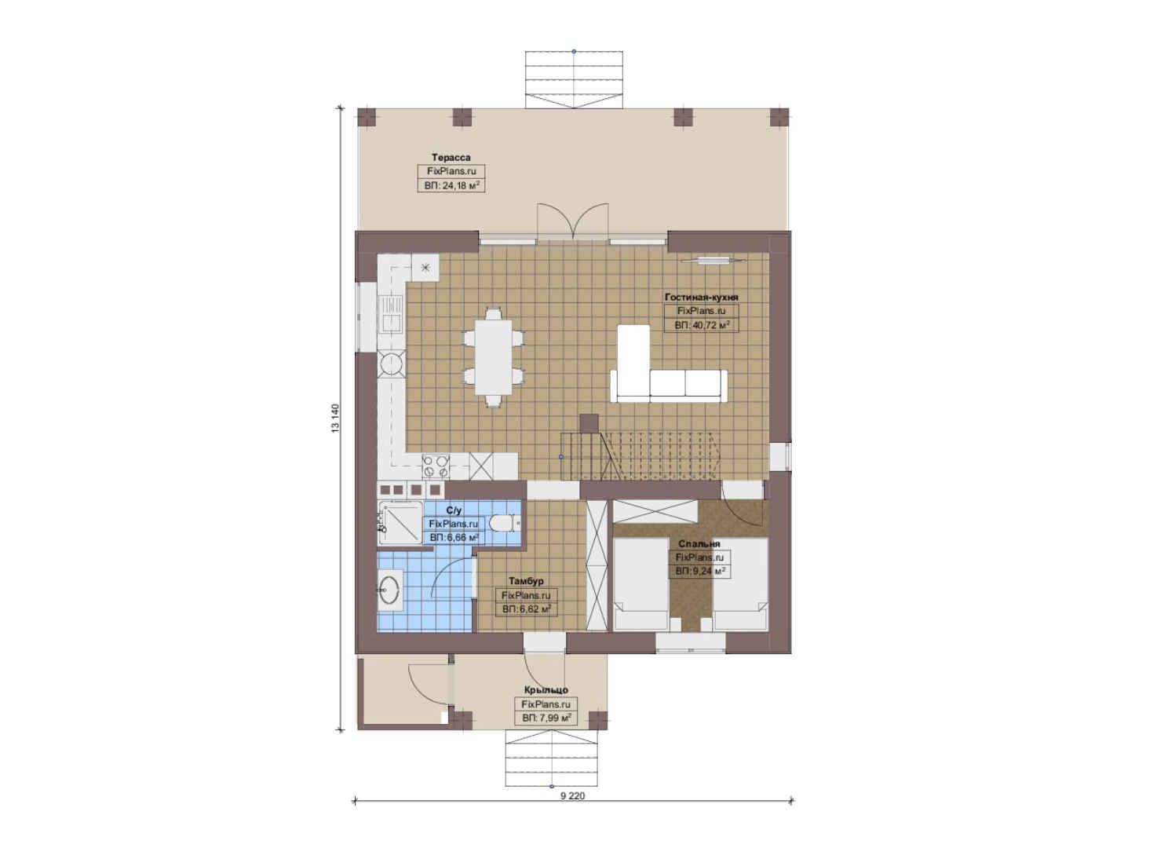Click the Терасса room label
coord(451,157)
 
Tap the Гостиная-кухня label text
coord(701,297)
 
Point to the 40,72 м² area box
coord(701,325)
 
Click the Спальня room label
coord(699,543)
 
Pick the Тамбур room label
coord(526,581)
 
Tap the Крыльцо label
coord(546,690)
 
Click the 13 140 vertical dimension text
coord(336,418)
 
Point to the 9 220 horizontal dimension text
coord(573,810)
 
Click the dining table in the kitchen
coord(493,357)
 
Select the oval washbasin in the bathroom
coord(389,589)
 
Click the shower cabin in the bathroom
coord(400,522)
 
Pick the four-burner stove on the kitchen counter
coord(436,466)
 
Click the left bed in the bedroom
coord(641,584)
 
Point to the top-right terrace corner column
coord(779,117)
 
